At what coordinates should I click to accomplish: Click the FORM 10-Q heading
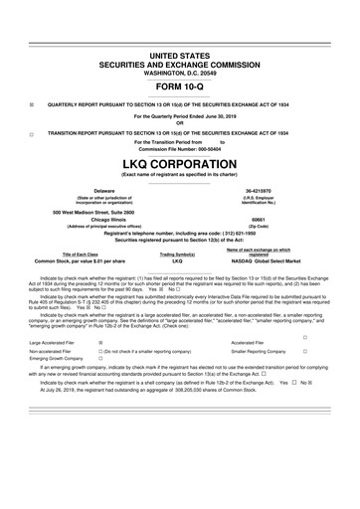point(180,85)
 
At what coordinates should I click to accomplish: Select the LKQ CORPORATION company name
point(180,163)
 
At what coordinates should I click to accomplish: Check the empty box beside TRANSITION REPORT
point(31,132)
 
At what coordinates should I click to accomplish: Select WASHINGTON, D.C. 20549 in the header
point(180,68)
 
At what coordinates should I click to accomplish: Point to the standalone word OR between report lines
point(180,123)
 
